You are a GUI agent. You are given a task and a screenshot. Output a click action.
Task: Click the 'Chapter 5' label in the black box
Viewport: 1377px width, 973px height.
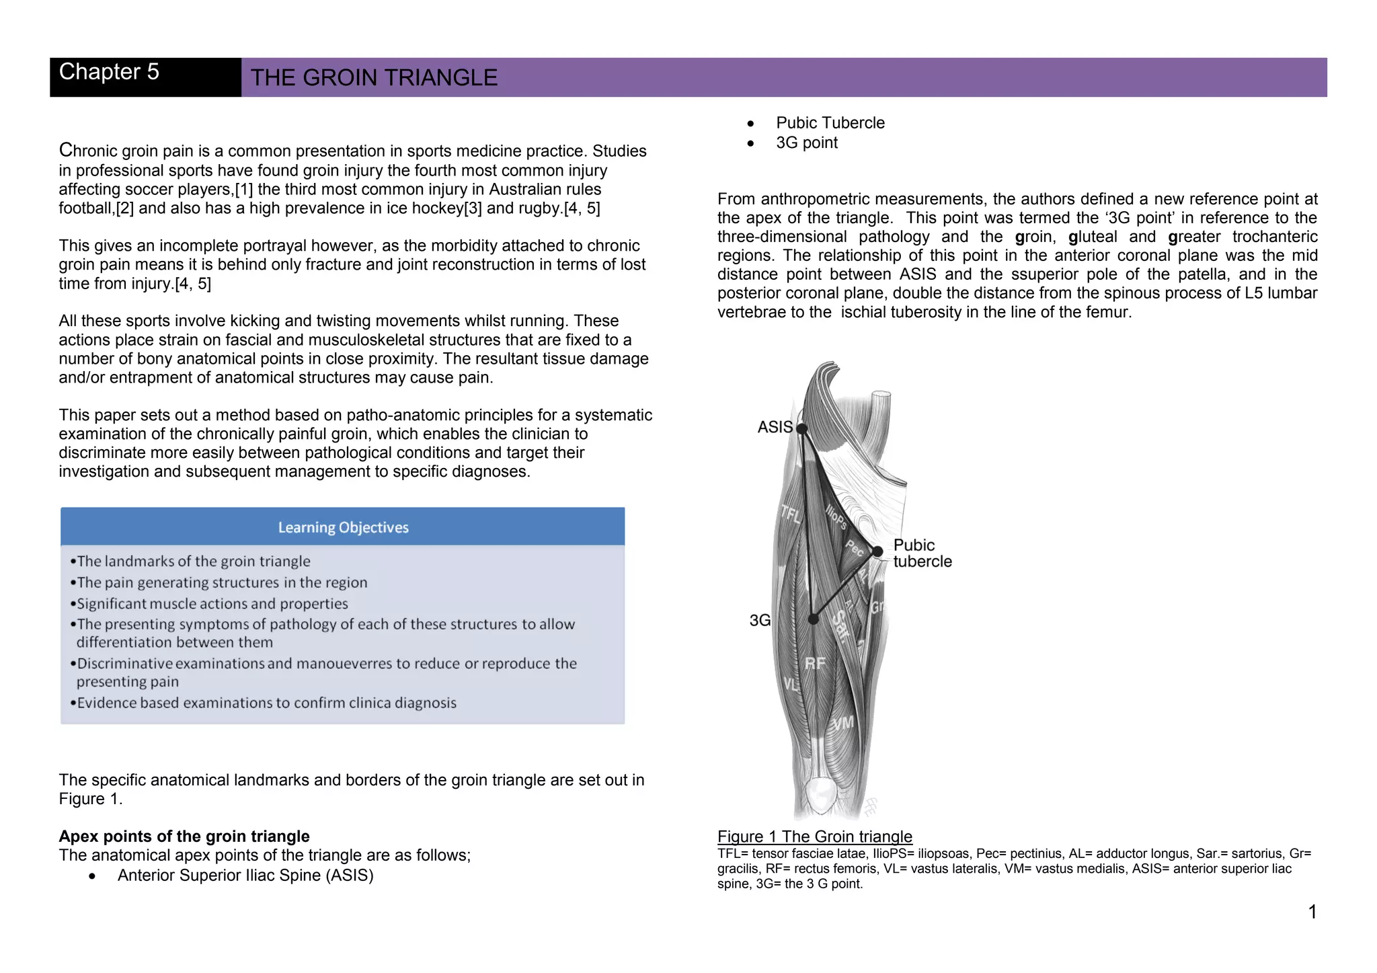109,72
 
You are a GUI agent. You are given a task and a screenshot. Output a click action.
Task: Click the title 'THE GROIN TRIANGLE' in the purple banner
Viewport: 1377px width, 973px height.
374,78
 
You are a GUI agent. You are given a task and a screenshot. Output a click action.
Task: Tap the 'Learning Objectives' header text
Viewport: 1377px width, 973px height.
343,528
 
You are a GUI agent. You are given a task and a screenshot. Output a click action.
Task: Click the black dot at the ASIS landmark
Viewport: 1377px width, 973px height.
801,428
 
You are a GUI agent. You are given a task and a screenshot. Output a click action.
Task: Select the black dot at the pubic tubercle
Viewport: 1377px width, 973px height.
877,551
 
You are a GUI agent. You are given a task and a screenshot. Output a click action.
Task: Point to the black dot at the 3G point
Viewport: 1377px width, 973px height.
814,619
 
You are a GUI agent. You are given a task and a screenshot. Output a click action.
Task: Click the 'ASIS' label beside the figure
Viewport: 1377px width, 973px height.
775,427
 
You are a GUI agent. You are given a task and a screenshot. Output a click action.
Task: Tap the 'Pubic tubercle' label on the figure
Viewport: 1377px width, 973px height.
922,553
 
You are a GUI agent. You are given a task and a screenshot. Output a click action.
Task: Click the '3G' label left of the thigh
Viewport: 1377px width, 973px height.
760,620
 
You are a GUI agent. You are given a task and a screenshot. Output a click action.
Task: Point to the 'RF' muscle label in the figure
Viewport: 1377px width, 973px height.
815,664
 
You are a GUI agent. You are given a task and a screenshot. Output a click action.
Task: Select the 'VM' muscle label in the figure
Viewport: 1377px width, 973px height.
843,724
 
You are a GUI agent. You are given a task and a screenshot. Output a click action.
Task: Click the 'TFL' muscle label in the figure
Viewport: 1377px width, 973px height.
791,514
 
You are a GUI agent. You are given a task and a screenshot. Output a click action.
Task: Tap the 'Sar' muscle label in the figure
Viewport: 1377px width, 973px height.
840,627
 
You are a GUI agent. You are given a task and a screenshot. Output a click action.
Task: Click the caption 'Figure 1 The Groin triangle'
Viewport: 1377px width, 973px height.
814,836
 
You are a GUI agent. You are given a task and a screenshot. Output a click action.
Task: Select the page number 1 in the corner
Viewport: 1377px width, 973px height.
1312,912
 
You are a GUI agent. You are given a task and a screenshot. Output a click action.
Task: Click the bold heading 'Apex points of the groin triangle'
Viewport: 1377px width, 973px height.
184,836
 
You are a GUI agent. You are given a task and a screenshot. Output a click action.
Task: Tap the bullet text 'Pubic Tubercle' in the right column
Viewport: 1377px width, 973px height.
830,123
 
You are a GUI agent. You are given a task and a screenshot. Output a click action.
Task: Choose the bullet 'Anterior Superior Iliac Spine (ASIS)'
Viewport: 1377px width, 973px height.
245,875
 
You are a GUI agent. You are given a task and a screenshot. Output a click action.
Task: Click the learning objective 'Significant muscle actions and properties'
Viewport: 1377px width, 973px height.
212,604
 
